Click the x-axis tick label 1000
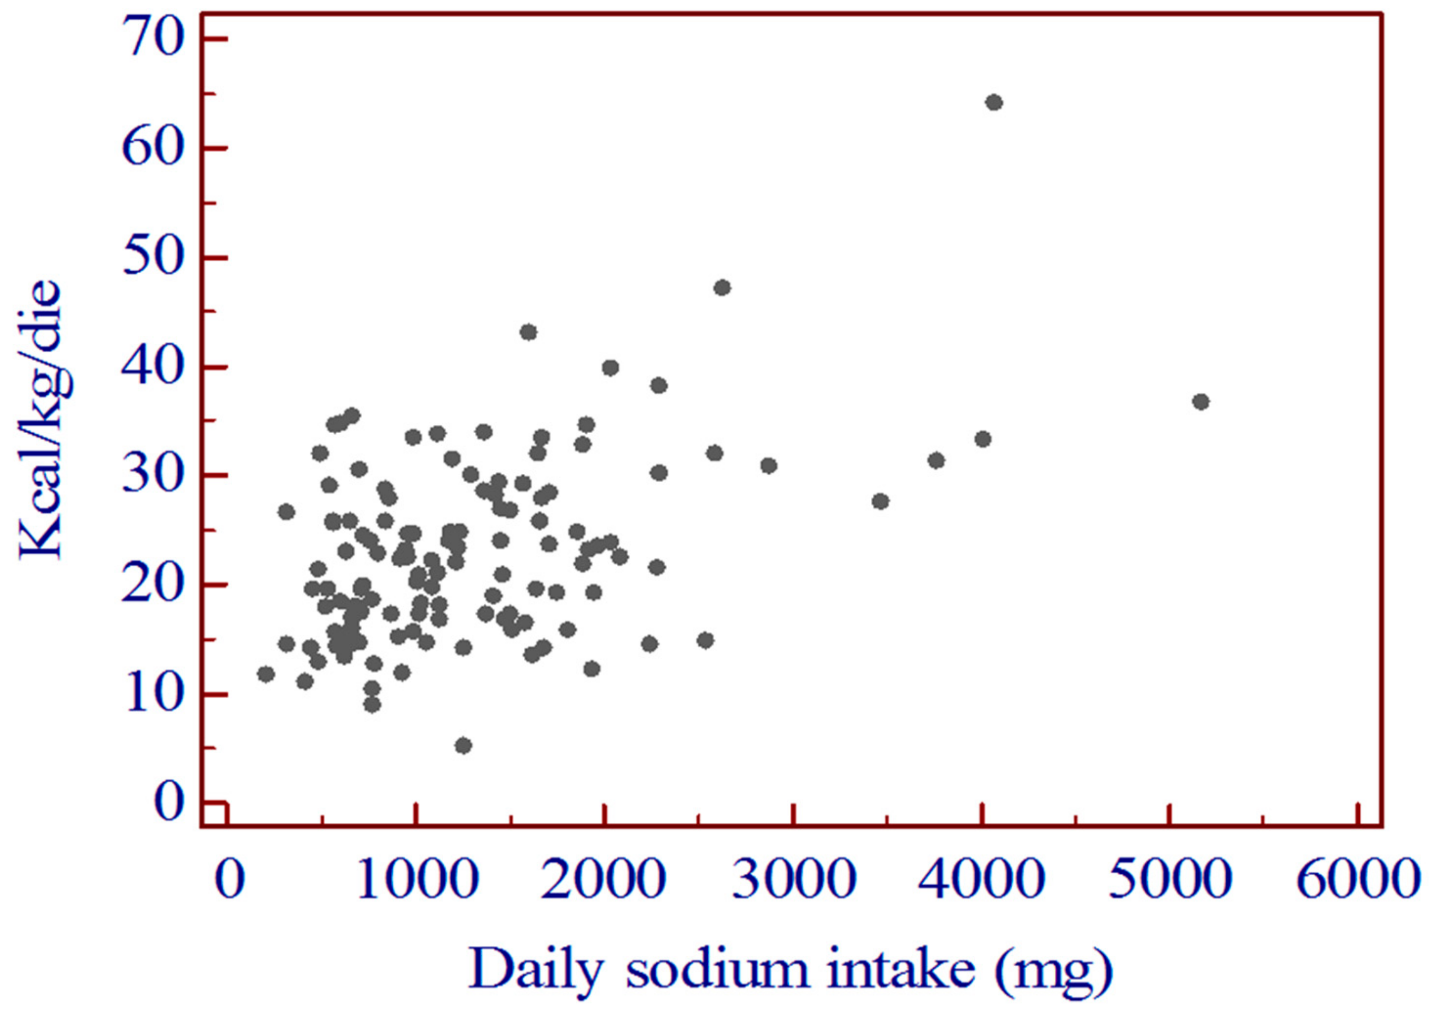tap(417, 880)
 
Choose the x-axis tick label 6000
tap(1357, 880)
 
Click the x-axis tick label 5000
tap(1169, 880)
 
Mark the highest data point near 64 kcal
tap(994, 102)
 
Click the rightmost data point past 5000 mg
tap(1200, 402)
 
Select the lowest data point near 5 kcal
tap(463, 745)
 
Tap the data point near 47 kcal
tap(722, 288)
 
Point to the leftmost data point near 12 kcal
tap(266, 674)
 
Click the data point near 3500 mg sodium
tap(881, 501)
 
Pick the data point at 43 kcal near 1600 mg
tap(528, 332)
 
